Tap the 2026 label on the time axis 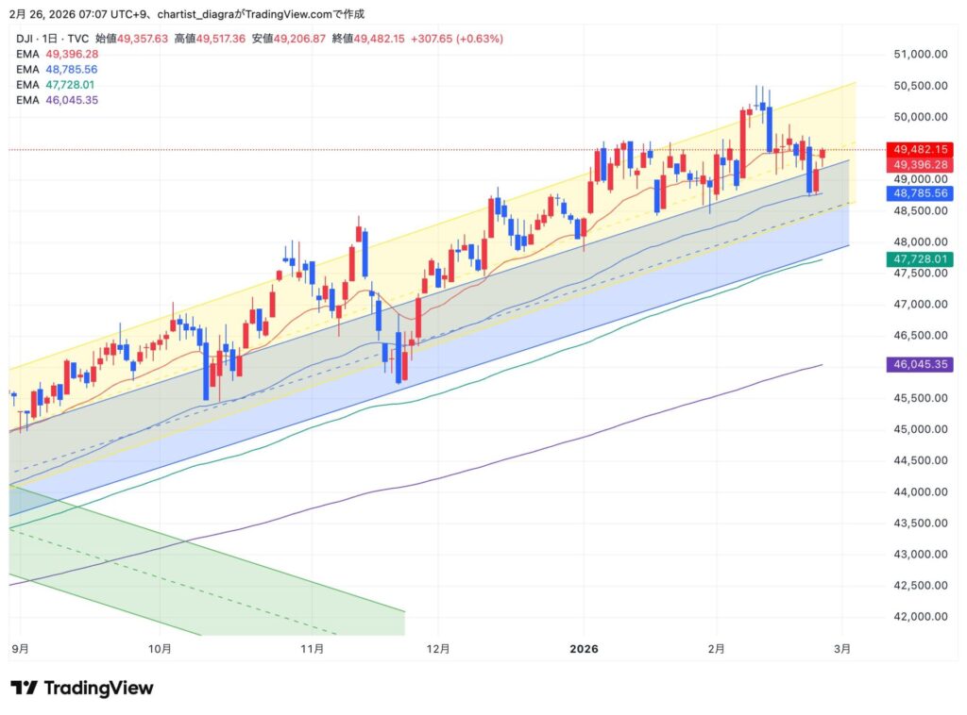(584, 649)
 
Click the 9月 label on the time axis (20, 649)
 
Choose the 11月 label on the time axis (312, 649)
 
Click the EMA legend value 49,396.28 (72, 55)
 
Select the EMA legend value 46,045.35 (72, 99)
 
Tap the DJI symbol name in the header (25, 39)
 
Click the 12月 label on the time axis (438, 649)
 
